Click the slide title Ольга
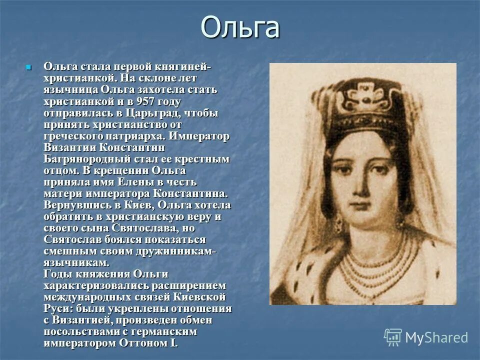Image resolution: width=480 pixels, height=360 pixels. click(x=240, y=28)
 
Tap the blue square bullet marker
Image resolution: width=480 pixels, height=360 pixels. click(x=28, y=67)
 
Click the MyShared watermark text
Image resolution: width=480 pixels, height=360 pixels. click(x=436, y=337)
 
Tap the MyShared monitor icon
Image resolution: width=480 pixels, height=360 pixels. click(x=393, y=337)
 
